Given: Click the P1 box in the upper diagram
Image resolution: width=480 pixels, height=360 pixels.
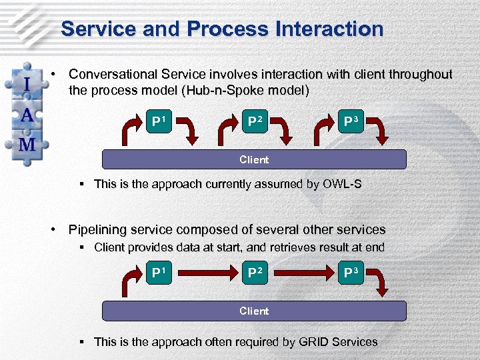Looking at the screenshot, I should pos(159,122).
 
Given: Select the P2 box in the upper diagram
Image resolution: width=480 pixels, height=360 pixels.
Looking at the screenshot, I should pos(255,122).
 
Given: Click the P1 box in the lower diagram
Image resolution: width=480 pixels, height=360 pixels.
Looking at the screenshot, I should pos(159,273).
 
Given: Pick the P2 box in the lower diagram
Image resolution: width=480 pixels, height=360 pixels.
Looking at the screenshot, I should pos(255,273).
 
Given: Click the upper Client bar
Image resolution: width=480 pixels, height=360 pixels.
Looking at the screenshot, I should pos(254,159).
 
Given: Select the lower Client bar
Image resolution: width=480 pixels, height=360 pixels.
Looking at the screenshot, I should pos(254,311).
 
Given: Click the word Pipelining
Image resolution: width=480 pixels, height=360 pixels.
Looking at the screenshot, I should pos(97,230).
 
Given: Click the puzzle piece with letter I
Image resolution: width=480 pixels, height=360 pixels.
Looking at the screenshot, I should pos(27,85).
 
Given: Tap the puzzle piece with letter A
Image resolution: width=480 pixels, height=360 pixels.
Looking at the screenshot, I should pos(27,114).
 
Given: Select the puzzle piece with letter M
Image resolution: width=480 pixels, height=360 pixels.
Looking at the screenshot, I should pos(27,145).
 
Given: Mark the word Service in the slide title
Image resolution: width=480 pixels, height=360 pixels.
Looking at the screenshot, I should pos(99,29).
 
